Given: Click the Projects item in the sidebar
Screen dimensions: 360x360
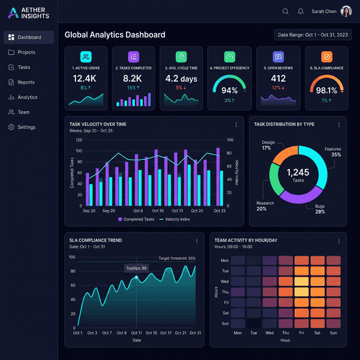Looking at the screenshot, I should click(x=26, y=52).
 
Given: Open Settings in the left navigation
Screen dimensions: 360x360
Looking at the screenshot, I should click(x=26, y=127).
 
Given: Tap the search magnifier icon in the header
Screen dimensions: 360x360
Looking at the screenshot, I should click(x=285, y=11).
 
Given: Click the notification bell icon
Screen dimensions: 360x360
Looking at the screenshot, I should click(x=300, y=11).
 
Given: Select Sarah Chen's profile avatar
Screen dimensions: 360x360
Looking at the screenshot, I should click(x=346, y=11).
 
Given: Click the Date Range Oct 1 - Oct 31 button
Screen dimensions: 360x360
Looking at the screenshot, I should click(x=313, y=35).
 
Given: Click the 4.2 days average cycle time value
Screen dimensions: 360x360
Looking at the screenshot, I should click(x=181, y=79).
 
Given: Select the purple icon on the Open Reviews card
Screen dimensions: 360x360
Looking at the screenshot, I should click(x=278, y=57).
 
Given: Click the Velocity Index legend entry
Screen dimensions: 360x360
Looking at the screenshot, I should click(x=175, y=219).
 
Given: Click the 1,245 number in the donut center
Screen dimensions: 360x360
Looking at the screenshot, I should click(x=298, y=173).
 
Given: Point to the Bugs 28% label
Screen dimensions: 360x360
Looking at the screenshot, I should click(x=320, y=209).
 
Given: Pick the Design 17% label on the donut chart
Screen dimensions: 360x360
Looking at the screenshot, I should click(x=268, y=145).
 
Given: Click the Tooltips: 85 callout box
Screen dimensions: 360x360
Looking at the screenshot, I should click(x=136, y=268).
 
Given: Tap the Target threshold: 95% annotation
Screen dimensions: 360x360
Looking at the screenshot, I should click(x=176, y=258).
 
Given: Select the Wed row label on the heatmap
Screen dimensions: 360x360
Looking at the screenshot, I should click(x=224, y=281).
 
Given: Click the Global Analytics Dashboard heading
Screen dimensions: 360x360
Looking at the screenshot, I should click(x=115, y=35).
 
